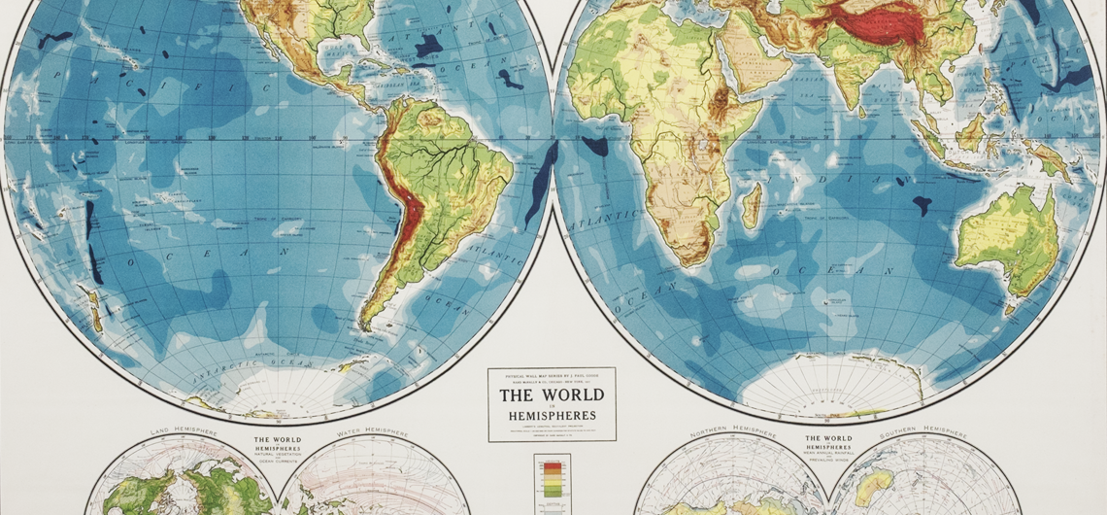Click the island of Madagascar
[752, 206]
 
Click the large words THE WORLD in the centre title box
[551, 395]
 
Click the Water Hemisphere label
[372, 433]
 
